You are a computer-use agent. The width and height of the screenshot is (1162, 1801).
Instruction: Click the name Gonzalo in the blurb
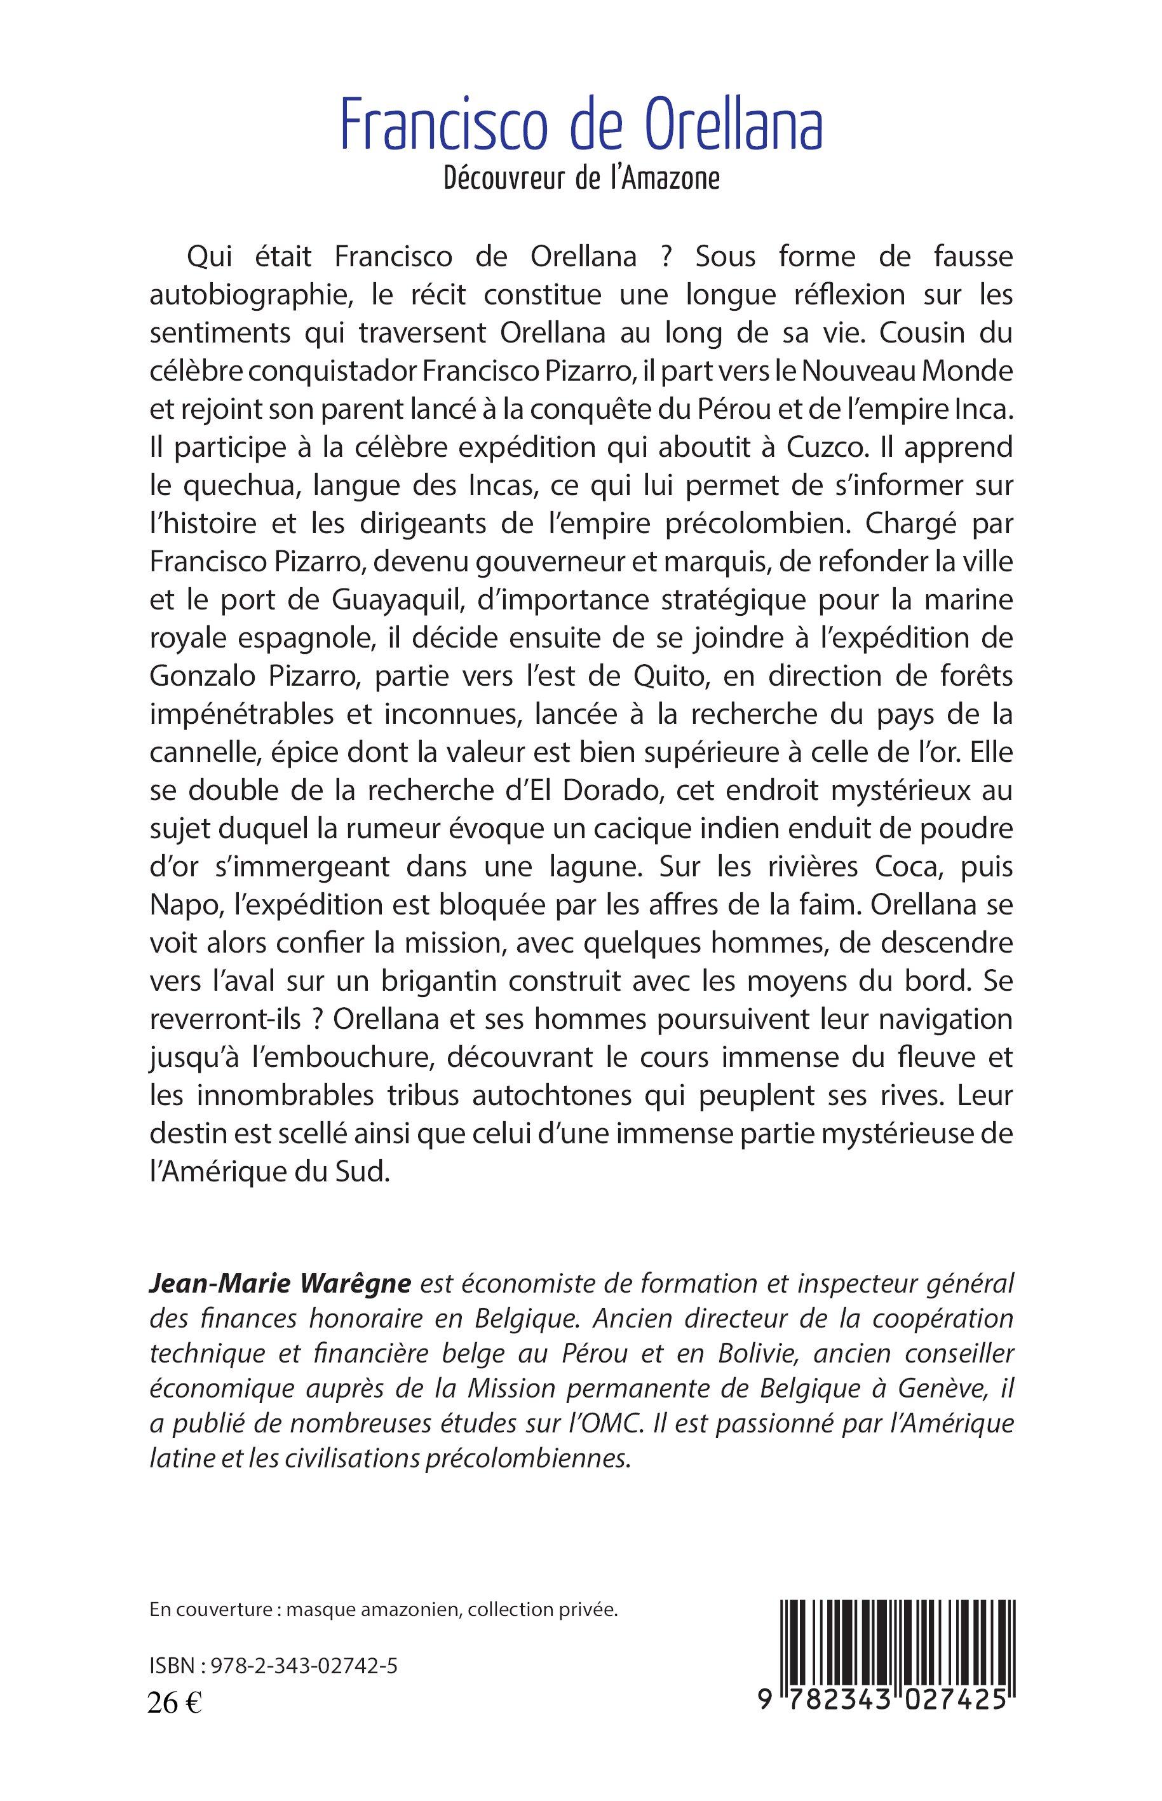[198, 677]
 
